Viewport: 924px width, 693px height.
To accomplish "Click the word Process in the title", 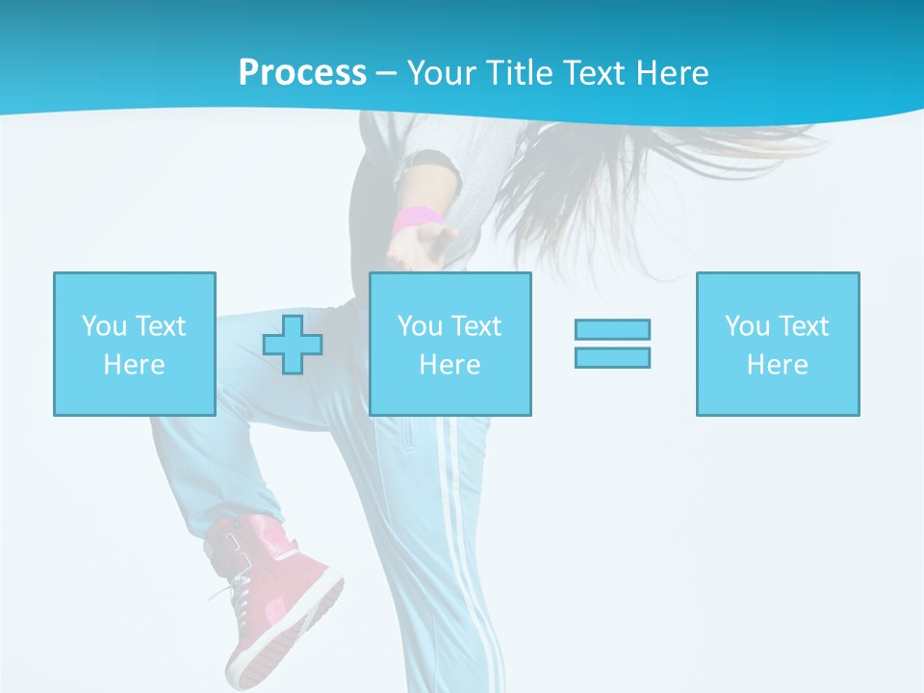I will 302,73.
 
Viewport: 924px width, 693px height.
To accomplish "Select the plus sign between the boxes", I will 293,345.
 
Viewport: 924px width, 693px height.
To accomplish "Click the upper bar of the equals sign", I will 612,330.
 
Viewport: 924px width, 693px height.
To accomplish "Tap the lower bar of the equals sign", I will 612,357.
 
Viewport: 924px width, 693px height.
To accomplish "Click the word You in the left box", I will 103,326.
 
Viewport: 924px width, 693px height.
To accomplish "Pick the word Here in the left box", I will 134,365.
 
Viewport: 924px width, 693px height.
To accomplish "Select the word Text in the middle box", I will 475,326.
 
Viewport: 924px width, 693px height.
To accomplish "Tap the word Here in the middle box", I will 449,365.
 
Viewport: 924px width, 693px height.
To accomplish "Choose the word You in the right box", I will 747,326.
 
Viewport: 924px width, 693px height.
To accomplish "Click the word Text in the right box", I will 802,326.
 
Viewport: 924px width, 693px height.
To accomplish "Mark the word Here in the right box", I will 777,365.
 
